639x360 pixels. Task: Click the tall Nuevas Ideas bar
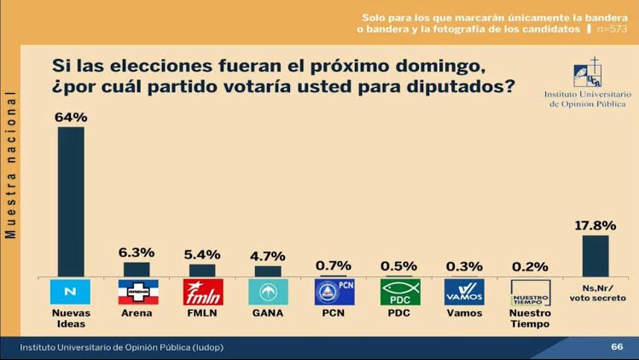tap(71, 201)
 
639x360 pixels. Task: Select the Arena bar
tap(137, 269)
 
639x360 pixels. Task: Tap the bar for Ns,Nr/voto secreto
tap(595, 255)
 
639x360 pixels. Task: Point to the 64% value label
tap(71, 117)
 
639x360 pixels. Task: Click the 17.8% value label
tap(595, 225)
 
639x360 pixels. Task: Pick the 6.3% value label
tap(137, 253)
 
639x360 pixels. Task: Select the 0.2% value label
tap(530, 265)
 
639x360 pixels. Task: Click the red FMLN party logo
tap(203, 293)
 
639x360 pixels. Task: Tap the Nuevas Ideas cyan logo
tap(71, 293)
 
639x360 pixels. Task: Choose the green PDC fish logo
tap(399, 293)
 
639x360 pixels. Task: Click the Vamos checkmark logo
tap(465, 293)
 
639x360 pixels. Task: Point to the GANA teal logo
tap(268, 293)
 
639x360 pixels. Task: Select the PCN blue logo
tap(334, 293)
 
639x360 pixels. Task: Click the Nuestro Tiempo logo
tap(530, 293)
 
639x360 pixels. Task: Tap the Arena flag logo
tap(137, 293)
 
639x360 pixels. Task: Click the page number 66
tap(617, 347)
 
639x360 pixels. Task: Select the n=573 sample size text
tap(612, 29)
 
